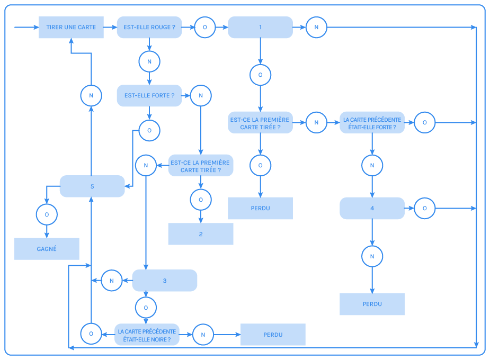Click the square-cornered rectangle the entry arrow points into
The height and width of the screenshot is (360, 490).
pyautogui.click(x=71, y=28)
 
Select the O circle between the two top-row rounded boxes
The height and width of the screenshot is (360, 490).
pyautogui.click(x=205, y=28)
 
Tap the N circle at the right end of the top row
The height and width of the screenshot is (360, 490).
pyautogui.click(x=316, y=28)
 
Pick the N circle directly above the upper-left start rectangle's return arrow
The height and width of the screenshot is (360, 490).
pyautogui.click(x=91, y=96)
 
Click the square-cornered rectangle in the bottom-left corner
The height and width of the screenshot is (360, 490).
pyautogui.click(x=47, y=249)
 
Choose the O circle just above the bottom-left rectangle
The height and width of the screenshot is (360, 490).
pyautogui.click(x=47, y=214)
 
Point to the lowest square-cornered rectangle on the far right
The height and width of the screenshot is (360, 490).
pyautogui.click(x=372, y=304)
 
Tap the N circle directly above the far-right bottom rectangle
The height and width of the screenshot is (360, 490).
pyautogui.click(x=372, y=256)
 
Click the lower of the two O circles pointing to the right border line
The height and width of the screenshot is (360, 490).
pyautogui.click(x=424, y=209)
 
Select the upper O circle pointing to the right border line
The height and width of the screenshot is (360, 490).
pyautogui.click(x=424, y=123)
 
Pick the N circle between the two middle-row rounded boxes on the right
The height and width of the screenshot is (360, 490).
pyautogui.click(x=316, y=123)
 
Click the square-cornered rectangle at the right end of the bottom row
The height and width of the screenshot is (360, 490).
pyautogui.click(x=273, y=335)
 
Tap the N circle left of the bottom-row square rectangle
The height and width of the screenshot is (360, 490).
pyautogui.click(x=203, y=335)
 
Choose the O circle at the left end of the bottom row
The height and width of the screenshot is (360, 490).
pyautogui.click(x=91, y=334)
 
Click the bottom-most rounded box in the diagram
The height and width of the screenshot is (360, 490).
pyautogui.click(x=147, y=335)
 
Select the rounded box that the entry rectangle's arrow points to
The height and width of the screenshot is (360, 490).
pyautogui.click(x=149, y=28)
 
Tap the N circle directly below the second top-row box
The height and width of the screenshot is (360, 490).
pyautogui.click(x=149, y=62)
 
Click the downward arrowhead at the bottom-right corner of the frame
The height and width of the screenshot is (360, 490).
pyautogui.click(x=477, y=345)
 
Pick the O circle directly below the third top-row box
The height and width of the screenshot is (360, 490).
pyautogui.click(x=260, y=75)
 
